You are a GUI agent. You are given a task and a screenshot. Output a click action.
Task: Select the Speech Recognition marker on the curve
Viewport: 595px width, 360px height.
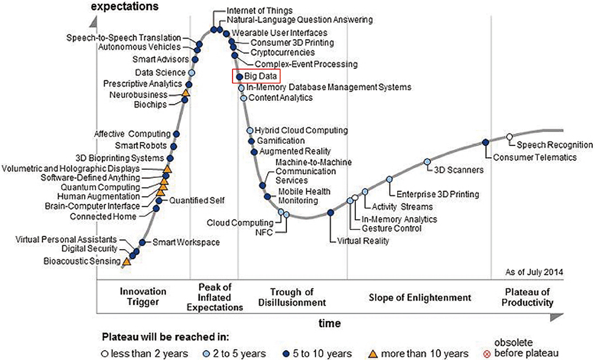pyautogui.click(x=510, y=136)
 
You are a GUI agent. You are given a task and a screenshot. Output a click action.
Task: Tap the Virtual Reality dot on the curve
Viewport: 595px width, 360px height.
pyautogui.click(x=331, y=212)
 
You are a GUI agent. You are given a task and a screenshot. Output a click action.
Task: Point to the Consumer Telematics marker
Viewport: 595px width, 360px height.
pyautogui.click(x=485, y=142)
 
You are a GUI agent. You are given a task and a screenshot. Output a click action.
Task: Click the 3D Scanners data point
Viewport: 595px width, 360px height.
pyautogui.click(x=427, y=162)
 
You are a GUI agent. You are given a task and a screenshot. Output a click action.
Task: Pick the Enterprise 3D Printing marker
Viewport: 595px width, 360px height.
pyautogui.click(x=390, y=179)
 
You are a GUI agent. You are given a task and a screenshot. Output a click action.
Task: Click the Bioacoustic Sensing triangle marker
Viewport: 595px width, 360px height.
pyautogui.click(x=126, y=261)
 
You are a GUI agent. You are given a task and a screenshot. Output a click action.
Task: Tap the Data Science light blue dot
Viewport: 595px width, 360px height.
pyautogui.click(x=192, y=72)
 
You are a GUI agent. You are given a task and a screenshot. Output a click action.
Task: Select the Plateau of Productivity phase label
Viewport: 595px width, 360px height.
pyautogui.click(x=528, y=297)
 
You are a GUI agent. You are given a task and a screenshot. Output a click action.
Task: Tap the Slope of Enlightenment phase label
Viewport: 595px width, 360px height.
pyautogui.click(x=420, y=297)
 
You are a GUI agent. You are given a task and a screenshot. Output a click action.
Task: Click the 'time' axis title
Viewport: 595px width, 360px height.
pyautogui.click(x=330, y=323)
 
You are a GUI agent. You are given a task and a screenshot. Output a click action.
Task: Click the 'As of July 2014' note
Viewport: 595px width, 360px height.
pyautogui.click(x=534, y=272)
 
